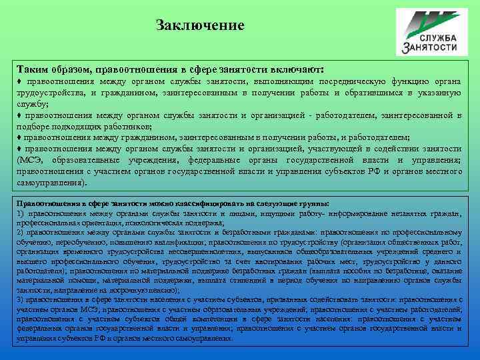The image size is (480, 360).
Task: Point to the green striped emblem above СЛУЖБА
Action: point(427,19)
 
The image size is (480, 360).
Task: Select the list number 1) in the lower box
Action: point(22,213)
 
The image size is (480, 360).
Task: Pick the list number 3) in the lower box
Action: point(22,301)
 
